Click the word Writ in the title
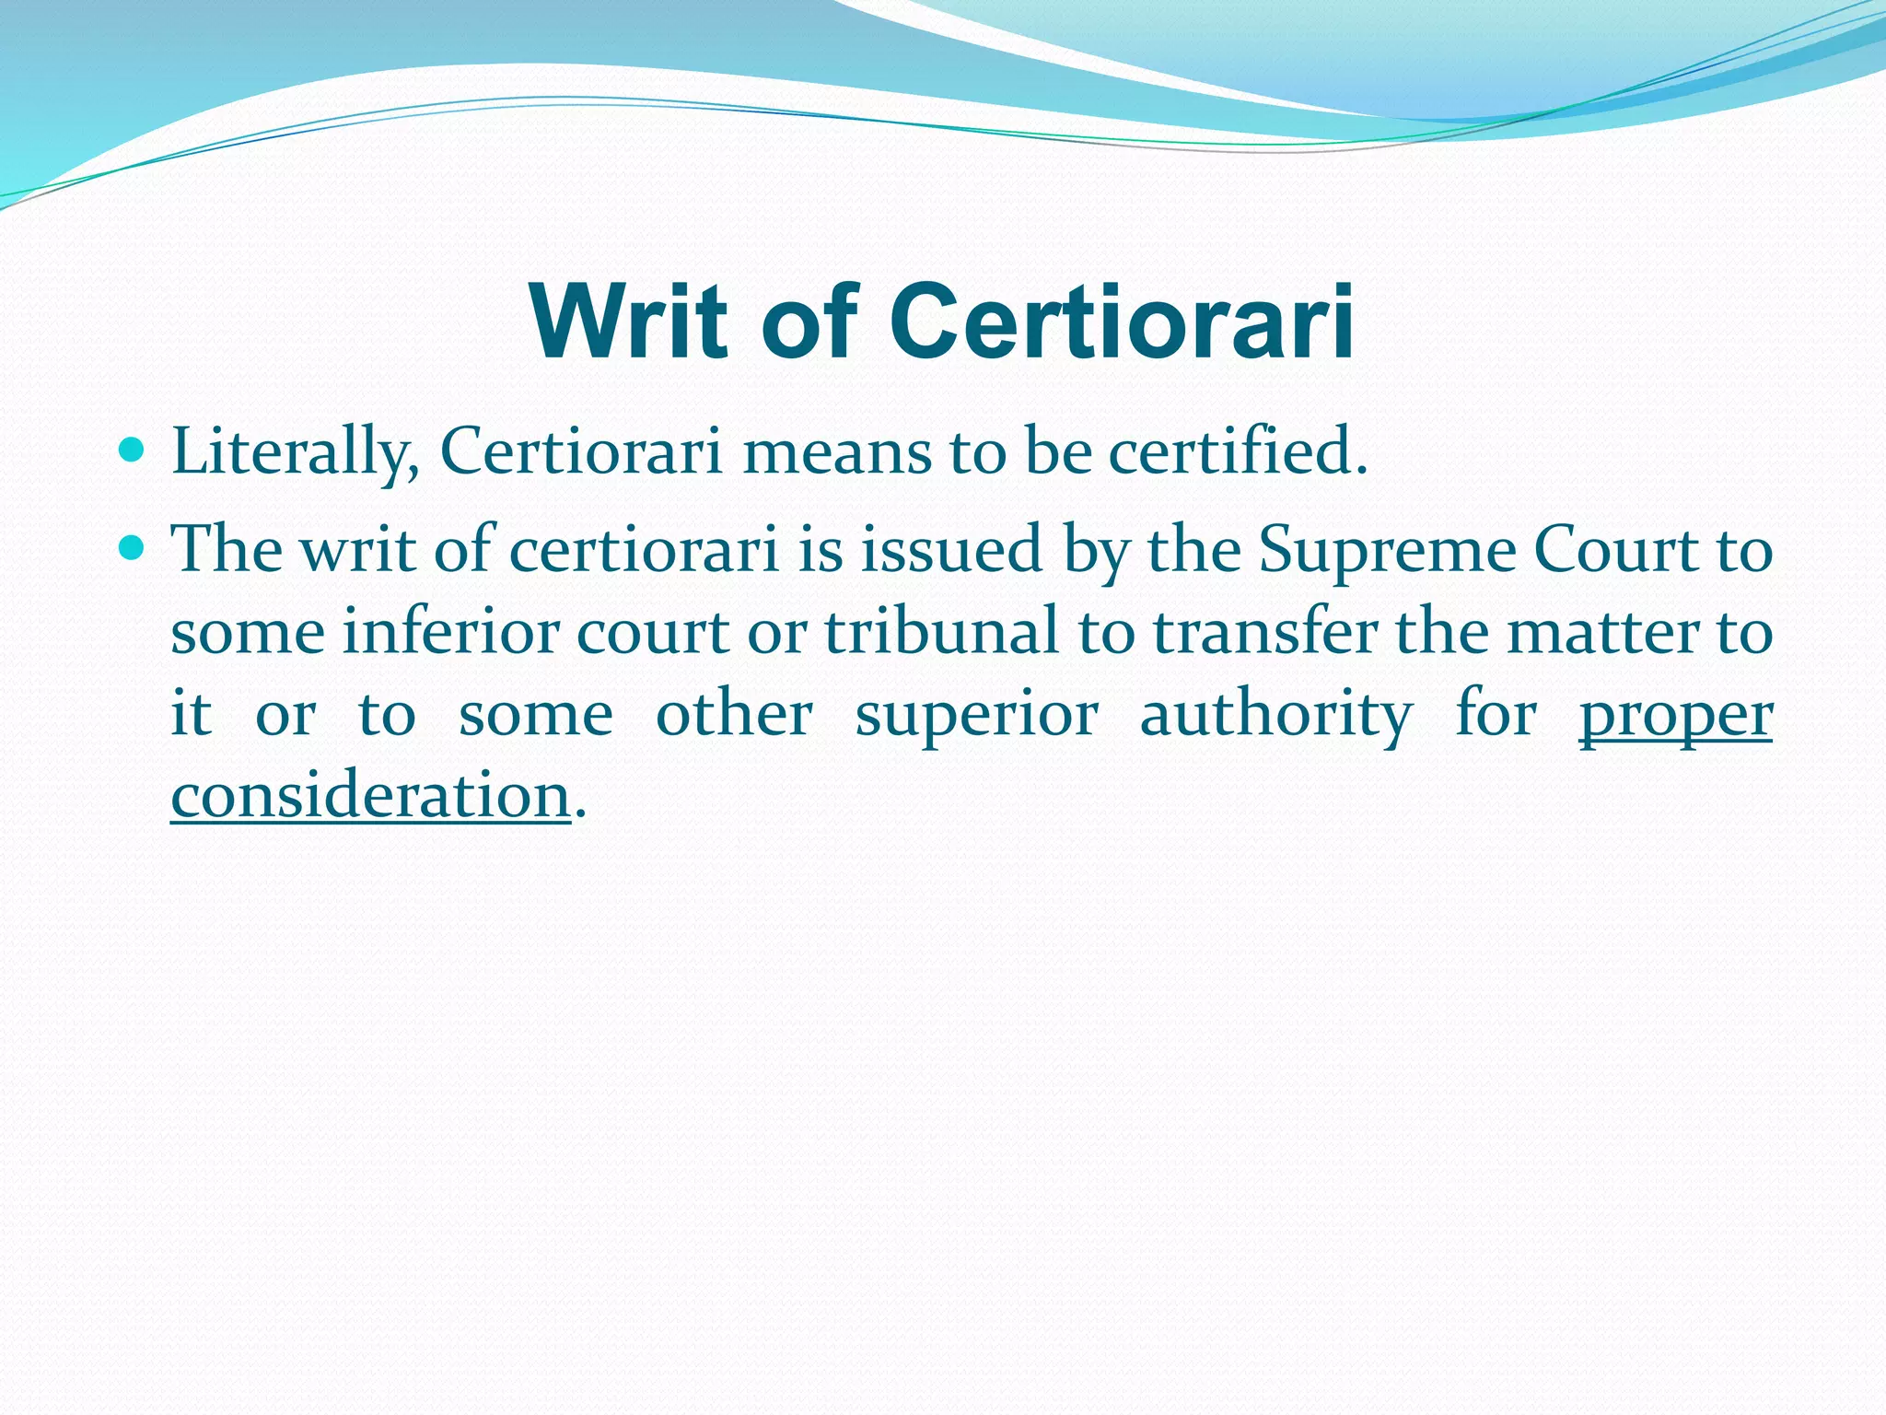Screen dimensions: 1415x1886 pos(629,322)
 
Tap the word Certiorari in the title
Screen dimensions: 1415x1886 pos(1122,322)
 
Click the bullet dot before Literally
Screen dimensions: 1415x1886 pos(133,450)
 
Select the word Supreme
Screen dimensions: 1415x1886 pos(1386,551)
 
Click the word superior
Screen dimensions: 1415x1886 pos(976,716)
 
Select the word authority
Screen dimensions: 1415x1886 pos(1275,716)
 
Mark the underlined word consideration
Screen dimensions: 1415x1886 pos(370,796)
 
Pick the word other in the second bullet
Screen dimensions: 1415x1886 pos(734,716)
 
